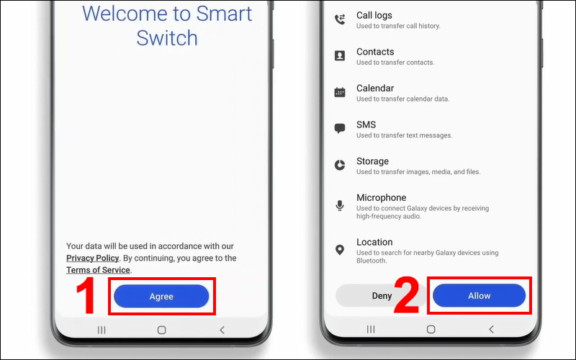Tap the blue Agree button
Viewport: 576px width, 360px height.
161,296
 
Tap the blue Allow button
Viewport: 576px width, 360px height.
479,295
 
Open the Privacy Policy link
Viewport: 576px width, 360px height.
93,258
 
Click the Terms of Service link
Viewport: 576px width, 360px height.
98,270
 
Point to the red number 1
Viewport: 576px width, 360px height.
86,296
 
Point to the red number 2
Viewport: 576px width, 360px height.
406,295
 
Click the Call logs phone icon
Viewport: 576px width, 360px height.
340,19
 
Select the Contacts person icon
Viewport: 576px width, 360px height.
340,55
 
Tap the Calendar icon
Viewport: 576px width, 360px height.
340,92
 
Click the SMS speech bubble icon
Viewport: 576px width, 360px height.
340,129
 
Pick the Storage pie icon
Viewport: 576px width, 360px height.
340,165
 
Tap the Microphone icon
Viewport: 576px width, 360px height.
340,205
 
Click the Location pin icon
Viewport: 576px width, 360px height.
340,250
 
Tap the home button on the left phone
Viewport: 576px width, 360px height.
161,330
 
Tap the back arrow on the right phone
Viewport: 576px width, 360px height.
491,329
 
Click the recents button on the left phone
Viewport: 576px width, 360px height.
102,330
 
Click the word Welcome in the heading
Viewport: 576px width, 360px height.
124,14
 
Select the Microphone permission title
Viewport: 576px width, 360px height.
382,197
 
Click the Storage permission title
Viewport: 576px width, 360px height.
372,161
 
